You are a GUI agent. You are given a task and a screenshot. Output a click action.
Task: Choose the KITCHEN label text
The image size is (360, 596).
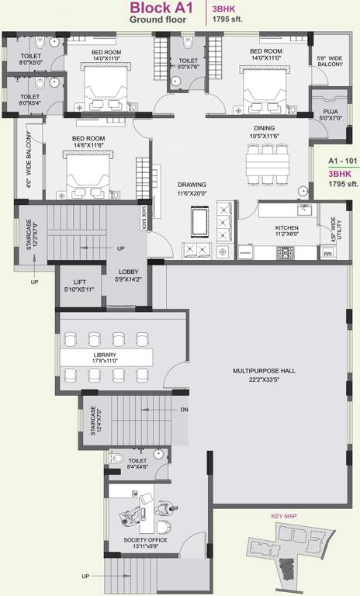point(286,229)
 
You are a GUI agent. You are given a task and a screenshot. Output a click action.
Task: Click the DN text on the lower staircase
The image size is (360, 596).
point(183,409)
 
